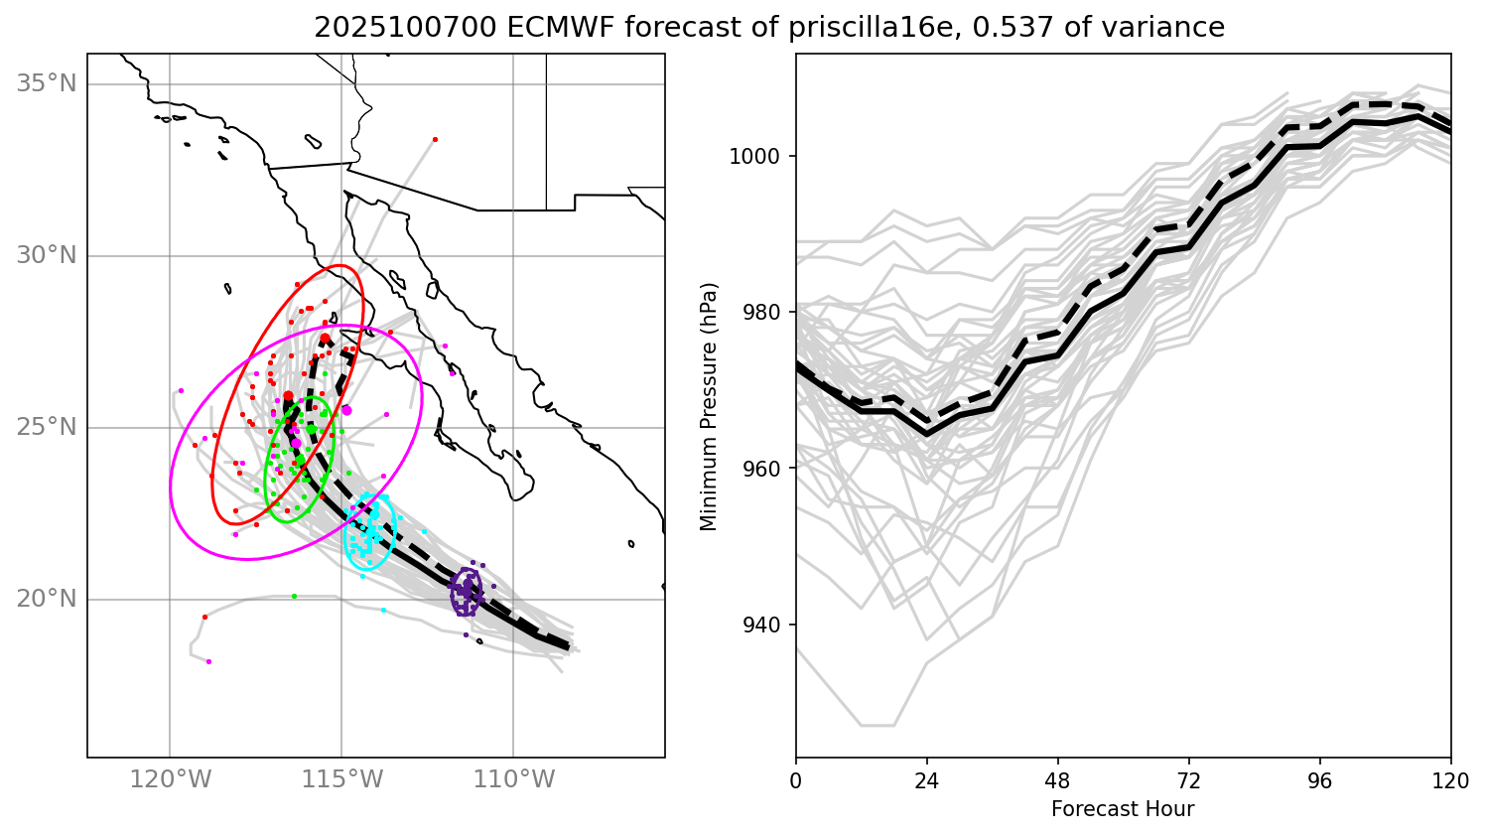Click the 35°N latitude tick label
click(x=46, y=83)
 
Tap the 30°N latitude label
click(x=46, y=256)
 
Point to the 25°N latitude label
click(x=46, y=428)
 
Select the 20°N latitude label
click(x=46, y=600)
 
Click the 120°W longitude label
click(x=170, y=780)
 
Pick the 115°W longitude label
click(x=341, y=780)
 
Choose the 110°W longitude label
click(x=513, y=780)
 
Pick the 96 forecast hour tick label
click(x=1320, y=780)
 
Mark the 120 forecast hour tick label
click(x=1450, y=780)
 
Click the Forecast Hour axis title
click(x=1123, y=809)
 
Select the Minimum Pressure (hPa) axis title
click(x=709, y=406)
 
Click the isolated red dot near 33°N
click(x=435, y=139)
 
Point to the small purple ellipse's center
click(x=466, y=592)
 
